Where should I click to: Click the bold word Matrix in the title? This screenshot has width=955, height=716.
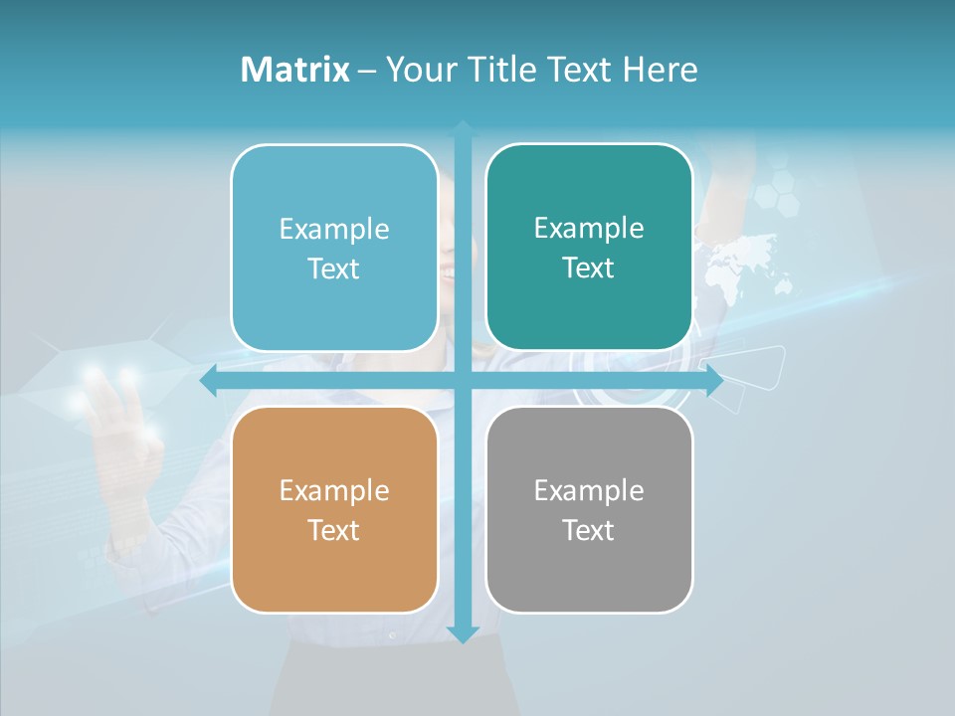click(294, 70)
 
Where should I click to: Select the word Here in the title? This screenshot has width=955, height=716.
click(660, 70)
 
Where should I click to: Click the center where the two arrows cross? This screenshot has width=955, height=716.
click(463, 381)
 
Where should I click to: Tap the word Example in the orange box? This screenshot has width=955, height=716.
click(334, 490)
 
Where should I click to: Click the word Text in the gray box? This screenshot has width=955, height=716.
click(589, 530)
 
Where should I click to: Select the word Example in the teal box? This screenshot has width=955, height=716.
click(589, 229)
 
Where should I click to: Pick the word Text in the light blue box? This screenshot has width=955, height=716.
click(334, 268)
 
